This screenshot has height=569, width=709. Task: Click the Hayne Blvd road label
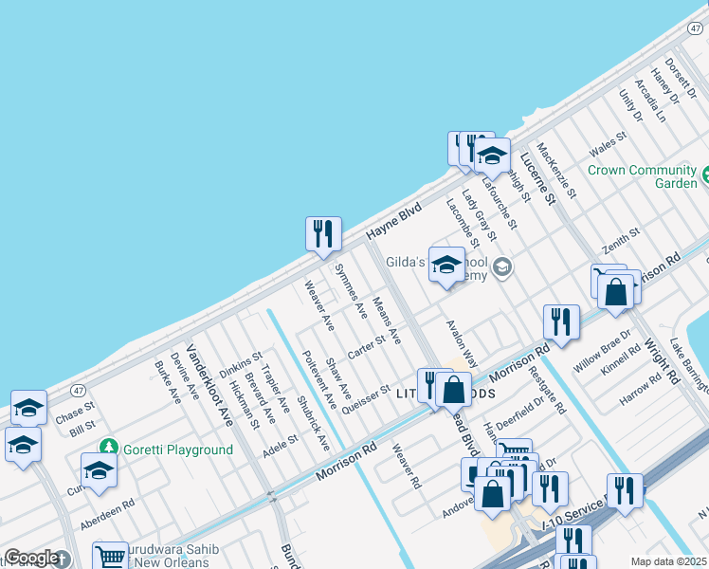[x=393, y=225]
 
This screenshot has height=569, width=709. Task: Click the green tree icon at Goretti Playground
[x=109, y=447]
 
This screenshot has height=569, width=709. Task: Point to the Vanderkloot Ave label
[x=209, y=386]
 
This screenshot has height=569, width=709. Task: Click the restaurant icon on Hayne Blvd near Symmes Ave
[x=323, y=234]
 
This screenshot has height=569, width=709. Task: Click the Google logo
[x=31, y=559]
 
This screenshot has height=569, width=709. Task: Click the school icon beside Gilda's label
[x=446, y=266]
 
